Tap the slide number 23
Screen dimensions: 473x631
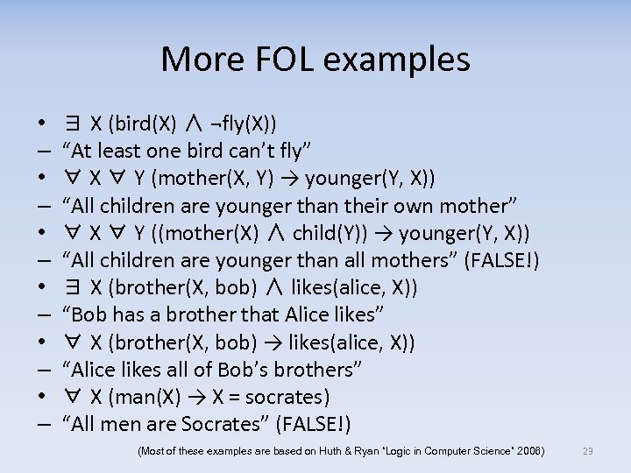click(x=588, y=451)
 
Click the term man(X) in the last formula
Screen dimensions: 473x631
click(x=145, y=397)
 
